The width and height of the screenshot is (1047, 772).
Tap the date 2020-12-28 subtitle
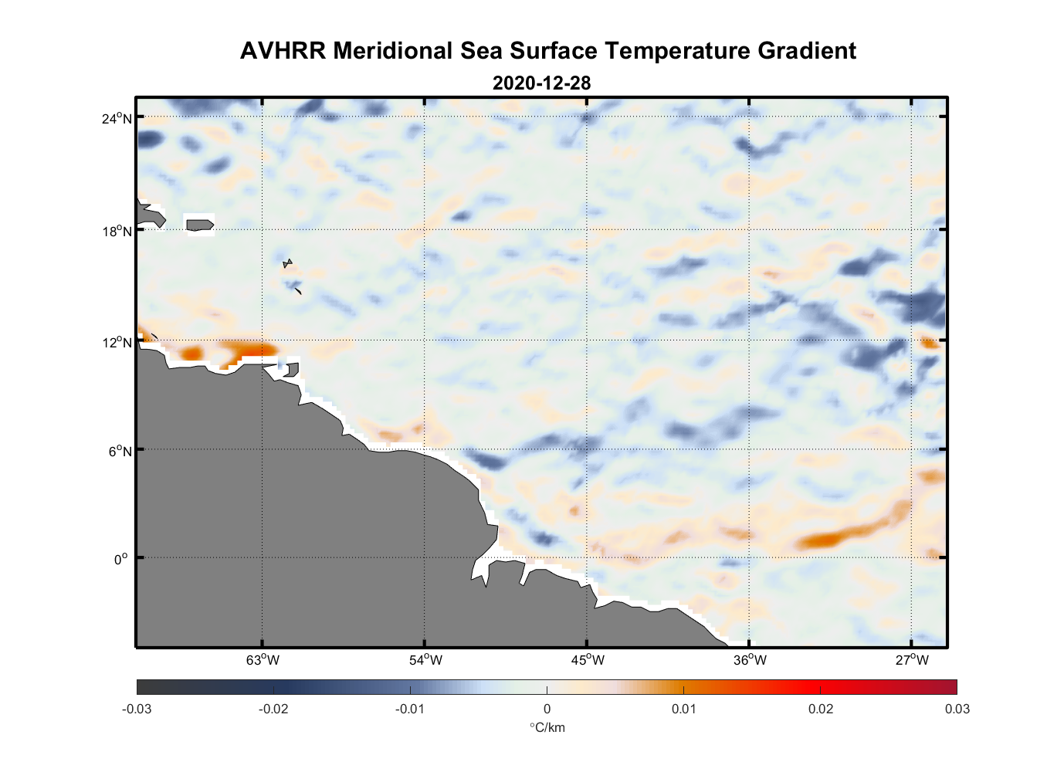click(541, 83)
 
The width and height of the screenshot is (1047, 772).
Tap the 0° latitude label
click(121, 559)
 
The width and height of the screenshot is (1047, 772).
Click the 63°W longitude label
click(263, 660)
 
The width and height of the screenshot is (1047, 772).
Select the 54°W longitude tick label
click(425, 660)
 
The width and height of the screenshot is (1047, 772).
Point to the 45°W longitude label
click(588, 660)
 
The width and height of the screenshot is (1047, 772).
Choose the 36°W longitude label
click(750, 660)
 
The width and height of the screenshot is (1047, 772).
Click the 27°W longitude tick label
click(912, 660)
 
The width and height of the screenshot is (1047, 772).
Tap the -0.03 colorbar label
click(137, 709)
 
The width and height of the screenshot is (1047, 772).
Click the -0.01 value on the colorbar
click(410, 709)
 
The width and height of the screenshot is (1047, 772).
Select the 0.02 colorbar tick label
click(821, 709)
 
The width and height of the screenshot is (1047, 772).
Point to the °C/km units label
click(547, 727)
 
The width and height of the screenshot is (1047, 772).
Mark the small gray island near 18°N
click(199, 225)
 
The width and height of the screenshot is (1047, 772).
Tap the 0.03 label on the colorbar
click(957, 709)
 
